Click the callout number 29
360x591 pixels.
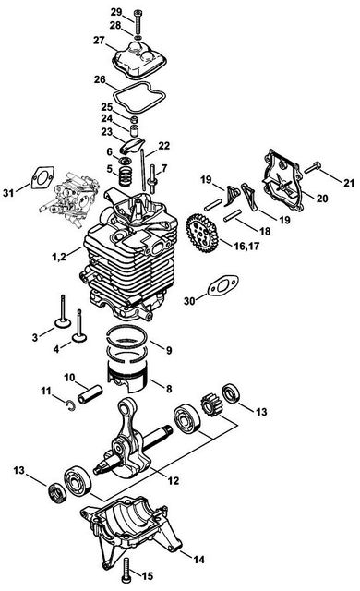click(116, 12)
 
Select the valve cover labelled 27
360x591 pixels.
click(139, 59)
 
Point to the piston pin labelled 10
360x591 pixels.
click(90, 393)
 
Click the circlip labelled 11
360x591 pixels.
click(70, 405)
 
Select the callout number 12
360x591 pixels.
click(174, 481)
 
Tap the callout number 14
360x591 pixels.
click(198, 560)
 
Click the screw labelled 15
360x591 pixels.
click(126, 570)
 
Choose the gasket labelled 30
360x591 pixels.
click(223, 286)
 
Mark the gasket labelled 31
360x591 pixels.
click(42, 177)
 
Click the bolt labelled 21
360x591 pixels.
click(312, 167)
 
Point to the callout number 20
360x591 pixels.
click(322, 199)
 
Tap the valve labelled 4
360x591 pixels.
click(79, 327)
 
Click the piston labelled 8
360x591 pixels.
click(127, 374)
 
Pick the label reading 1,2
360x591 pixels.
click(59, 257)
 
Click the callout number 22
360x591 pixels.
click(163, 146)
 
